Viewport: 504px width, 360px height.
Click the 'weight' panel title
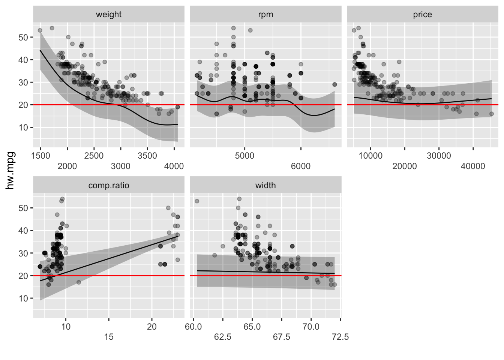[109, 15]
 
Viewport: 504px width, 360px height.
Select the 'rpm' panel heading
[265, 15]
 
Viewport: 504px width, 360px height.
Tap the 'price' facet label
[422, 15]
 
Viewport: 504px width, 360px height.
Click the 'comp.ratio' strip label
[109, 186]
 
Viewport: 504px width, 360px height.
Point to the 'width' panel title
[265, 186]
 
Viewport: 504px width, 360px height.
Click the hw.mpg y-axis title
[10, 170]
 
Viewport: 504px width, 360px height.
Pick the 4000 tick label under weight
[174, 166]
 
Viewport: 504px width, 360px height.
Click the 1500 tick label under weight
[40, 156]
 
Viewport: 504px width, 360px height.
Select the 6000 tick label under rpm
[301, 166]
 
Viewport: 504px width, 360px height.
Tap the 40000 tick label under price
[473, 166]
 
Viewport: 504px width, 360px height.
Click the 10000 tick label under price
[370, 156]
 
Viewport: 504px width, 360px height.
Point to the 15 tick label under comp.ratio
[109, 337]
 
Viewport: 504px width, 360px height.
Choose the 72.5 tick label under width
[340, 337]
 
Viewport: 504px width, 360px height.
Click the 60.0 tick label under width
[193, 327]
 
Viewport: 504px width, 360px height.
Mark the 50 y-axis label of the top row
[23, 37]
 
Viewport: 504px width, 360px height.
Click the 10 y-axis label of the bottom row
[23, 298]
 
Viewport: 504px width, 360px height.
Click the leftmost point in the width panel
[197, 201]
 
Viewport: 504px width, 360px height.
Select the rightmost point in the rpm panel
[334, 84]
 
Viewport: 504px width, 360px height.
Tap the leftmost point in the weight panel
[40, 30]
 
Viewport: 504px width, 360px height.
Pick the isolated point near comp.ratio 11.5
[79, 282]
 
